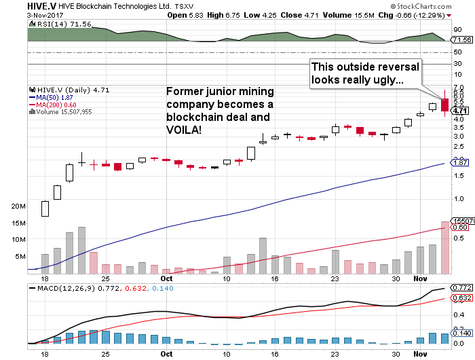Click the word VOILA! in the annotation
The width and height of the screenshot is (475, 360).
184,129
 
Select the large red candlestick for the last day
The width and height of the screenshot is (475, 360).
444,105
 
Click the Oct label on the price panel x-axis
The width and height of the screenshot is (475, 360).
166,278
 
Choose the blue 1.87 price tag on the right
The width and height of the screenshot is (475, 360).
459,163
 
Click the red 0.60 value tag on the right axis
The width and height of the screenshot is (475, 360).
459,228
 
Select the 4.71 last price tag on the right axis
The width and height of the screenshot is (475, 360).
459,111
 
